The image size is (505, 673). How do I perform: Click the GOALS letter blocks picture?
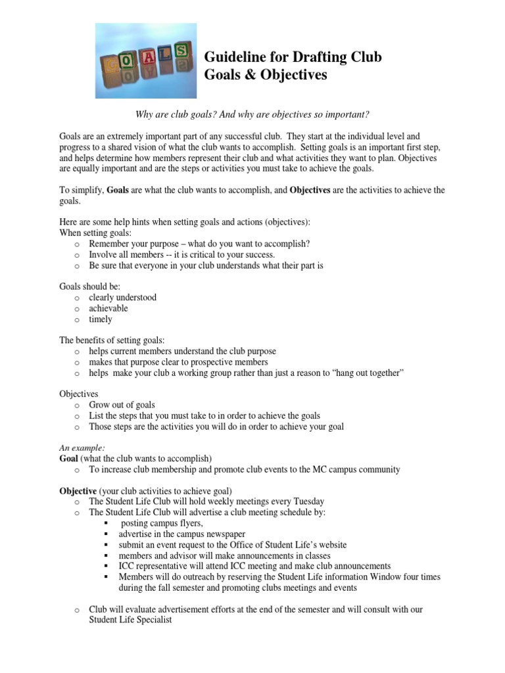click(x=145, y=60)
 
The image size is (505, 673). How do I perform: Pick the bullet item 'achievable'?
click(x=108, y=308)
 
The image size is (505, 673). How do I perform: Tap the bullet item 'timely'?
click(x=101, y=319)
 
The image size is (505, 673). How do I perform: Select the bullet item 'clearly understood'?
click(x=122, y=297)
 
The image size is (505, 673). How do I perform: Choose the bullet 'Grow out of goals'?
click(x=122, y=405)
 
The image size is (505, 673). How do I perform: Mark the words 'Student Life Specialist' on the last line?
click(x=131, y=620)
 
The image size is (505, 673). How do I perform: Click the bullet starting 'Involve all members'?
click(x=181, y=254)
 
